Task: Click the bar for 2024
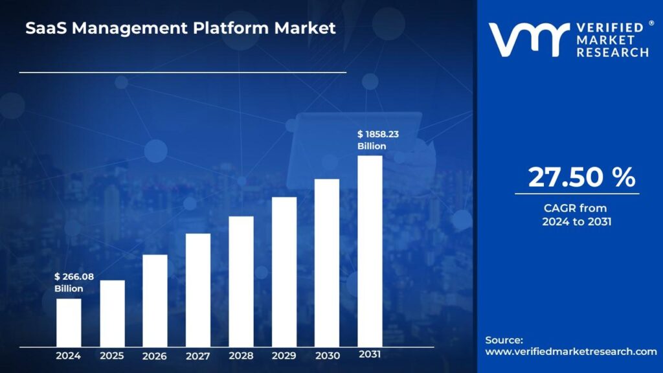click(x=69, y=322)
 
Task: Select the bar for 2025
click(x=112, y=313)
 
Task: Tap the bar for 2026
click(x=155, y=300)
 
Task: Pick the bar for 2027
click(x=198, y=289)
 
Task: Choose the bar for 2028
click(x=241, y=281)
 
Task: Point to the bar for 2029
click(x=284, y=271)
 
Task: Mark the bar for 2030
click(x=327, y=262)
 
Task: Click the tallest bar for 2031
click(x=370, y=251)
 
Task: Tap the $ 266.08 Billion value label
click(x=74, y=282)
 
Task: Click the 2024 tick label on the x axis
click(x=68, y=356)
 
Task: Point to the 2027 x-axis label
click(x=198, y=356)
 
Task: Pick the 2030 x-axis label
click(x=327, y=356)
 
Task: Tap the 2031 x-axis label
click(x=370, y=355)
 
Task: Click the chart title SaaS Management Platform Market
click(x=181, y=28)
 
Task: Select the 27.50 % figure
click(x=581, y=177)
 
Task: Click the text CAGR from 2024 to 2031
click(x=576, y=215)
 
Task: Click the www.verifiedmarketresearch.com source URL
click(x=570, y=352)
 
